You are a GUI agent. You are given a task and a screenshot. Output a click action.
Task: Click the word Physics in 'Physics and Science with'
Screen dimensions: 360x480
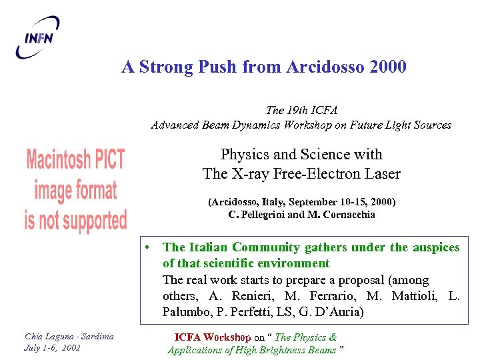(244, 155)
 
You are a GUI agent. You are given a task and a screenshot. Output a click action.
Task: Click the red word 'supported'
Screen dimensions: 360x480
(89, 220)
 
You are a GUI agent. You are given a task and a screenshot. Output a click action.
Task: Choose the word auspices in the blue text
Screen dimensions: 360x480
(434, 247)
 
